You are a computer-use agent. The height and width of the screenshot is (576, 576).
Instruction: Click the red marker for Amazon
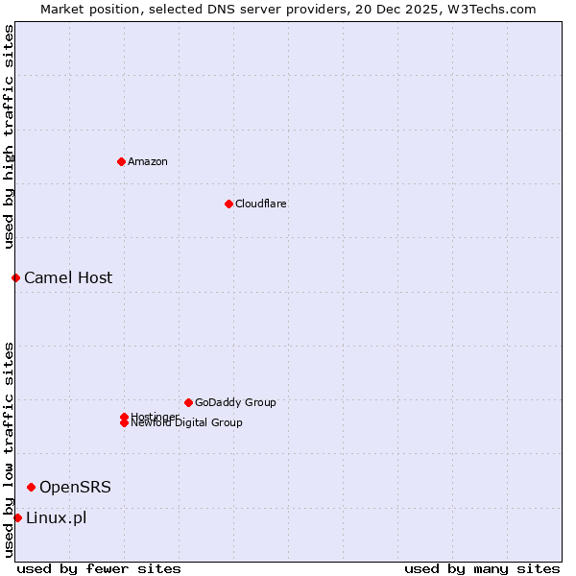tap(121, 161)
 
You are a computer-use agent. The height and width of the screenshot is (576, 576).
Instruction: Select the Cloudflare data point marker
tap(228, 204)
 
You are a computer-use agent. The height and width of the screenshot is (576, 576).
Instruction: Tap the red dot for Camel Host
tap(15, 277)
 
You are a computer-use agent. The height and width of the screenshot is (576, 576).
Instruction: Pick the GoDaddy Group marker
tap(188, 402)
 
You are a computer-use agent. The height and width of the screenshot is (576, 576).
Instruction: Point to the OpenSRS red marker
tap(31, 487)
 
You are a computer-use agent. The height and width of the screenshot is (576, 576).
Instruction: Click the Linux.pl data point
tap(17, 517)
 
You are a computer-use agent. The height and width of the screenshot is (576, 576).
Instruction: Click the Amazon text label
tap(148, 161)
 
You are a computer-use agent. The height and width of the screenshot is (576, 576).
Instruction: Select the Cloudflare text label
tap(261, 204)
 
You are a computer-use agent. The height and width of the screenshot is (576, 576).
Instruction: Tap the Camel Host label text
tap(68, 277)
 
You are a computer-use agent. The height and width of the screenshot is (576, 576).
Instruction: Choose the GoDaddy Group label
tap(235, 402)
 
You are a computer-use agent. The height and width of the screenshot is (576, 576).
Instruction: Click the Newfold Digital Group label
tap(187, 423)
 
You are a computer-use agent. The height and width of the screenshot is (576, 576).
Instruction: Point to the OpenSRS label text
tap(75, 487)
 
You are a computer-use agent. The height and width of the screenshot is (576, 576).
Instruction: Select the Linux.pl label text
tap(56, 517)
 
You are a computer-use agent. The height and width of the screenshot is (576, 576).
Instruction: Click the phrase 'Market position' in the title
tap(84, 9)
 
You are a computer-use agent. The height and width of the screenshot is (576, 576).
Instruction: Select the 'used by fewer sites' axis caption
tap(99, 568)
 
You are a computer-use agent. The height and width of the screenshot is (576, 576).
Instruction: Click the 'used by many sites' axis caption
tap(482, 568)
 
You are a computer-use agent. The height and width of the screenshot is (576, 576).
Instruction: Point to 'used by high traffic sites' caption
tap(9, 136)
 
